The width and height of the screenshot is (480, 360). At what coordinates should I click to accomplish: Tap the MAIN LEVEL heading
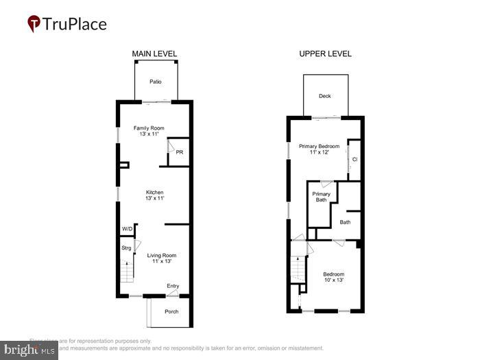pyautogui.click(x=154, y=54)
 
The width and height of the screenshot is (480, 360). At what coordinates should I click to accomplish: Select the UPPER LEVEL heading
pyautogui.click(x=325, y=54)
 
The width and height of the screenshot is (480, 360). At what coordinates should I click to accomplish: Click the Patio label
pyautogui.click(x=156, y=82)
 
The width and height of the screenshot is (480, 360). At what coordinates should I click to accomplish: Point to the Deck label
pyautogui.click(x=325, y=96)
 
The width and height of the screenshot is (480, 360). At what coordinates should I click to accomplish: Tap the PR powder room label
pyautogui.click(x=179, y=152)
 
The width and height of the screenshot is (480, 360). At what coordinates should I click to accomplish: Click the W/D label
pyautogui.click(x=127, y=228)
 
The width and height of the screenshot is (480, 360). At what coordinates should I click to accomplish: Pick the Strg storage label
pyautogui.click(x=126, y=247)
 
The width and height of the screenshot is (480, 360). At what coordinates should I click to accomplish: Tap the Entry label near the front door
pyautogui.click(x=173, y=286)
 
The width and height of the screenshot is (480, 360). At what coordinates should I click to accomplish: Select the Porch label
pyautogui.click(x=171, y=311)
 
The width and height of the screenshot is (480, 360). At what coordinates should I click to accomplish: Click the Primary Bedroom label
pyautogui.click(x=319, y=146)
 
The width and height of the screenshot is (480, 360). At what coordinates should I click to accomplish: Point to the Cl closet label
pyautogui.click(x=355, y=160)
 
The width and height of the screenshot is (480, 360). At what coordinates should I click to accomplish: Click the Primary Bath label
pyautogui.click(x=321, y=197)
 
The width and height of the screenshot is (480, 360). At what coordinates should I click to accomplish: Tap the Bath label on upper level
pyautogui.click(x=345, y=221)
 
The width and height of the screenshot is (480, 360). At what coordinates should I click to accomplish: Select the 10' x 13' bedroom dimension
pyautogui.click(x=334, y=280)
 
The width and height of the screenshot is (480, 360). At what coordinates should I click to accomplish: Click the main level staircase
pyautogui.click(x=126, y=271)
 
